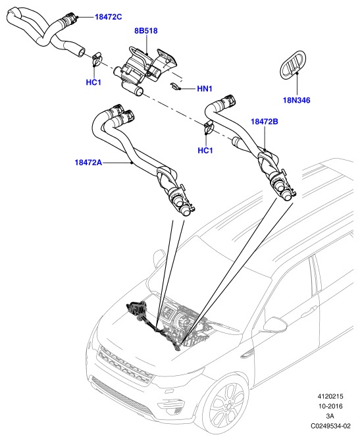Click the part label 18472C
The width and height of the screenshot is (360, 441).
[109, 17]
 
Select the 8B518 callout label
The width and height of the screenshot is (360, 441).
[146, 31]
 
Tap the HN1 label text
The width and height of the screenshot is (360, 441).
[205, 89]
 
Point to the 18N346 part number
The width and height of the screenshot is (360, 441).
[296, 101]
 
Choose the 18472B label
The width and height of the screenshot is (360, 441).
[265, 122]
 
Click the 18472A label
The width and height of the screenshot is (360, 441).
[88, 163]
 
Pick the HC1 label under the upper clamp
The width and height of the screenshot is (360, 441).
[93, 82]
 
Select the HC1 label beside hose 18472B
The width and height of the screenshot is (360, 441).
[205, 151]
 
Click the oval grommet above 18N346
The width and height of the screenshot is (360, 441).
[292, 65]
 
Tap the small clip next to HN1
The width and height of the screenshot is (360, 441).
[175, 86]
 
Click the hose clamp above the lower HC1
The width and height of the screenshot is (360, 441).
[209, 127]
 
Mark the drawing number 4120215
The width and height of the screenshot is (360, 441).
[330, 396]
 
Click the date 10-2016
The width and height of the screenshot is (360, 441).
[330, 406]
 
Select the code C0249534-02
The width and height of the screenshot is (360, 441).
[330, 426]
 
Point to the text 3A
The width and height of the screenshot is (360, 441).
[330, 416]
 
